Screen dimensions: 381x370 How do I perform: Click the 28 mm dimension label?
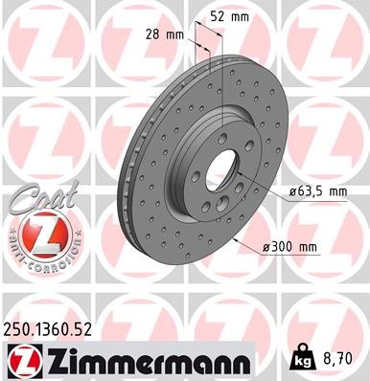click(164, 34)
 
